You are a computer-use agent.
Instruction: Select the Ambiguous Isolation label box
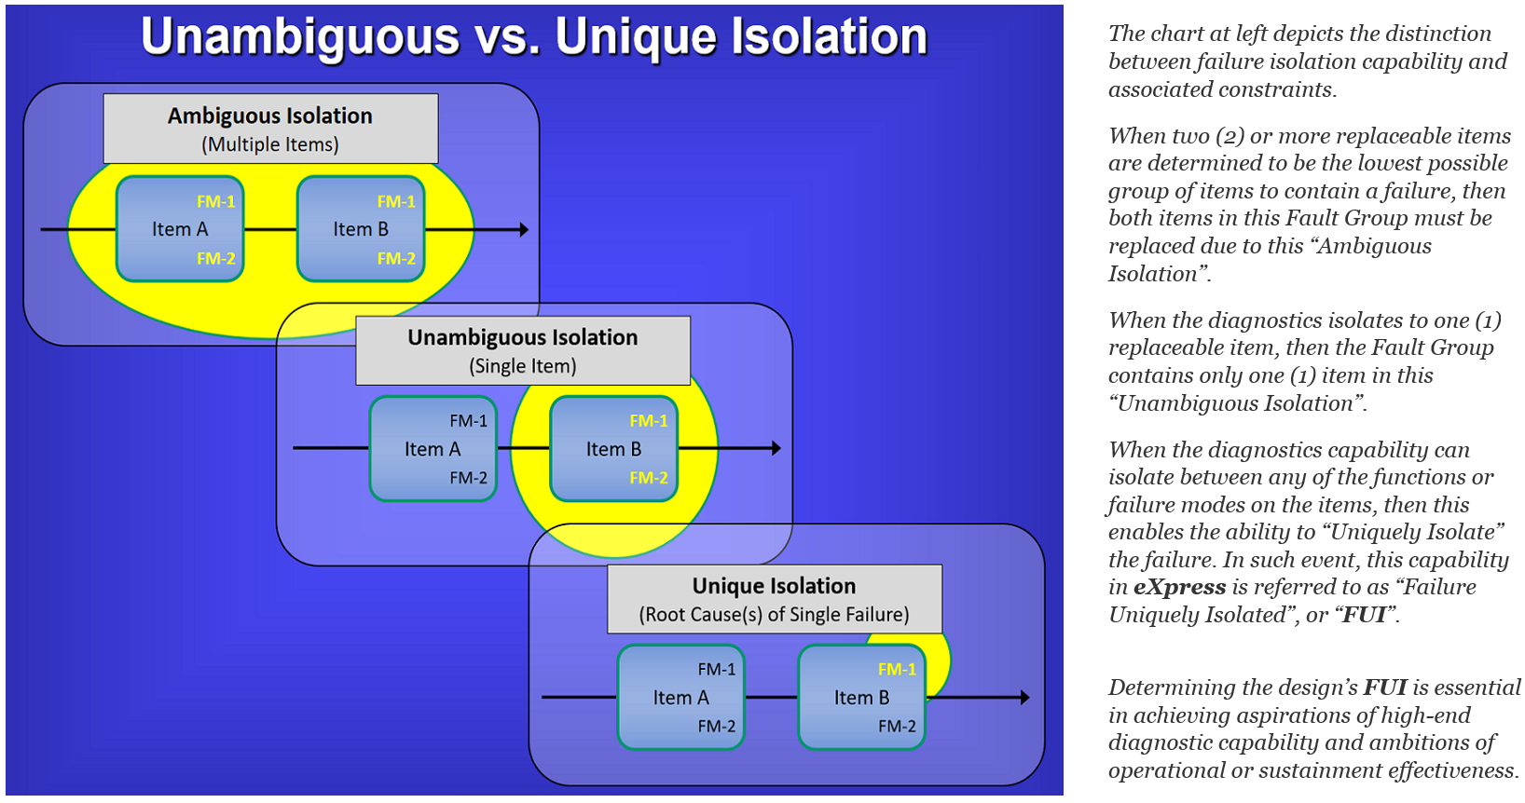click(270, 129)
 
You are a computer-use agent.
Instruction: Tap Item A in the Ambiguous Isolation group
click(180, 229)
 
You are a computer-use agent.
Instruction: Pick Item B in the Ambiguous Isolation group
click(361, 229)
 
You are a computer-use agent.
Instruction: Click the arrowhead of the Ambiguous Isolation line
click(524, 229)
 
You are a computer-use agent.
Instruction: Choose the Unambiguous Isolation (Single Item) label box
click(523, 350)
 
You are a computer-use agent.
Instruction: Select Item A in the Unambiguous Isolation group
click(433, 449)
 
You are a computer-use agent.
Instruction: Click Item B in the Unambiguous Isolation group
click(613, 449)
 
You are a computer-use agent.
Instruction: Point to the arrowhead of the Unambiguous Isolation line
click(776, 449)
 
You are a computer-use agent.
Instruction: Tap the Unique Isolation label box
click(774, 599)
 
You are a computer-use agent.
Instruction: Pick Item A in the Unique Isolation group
click(680, 698)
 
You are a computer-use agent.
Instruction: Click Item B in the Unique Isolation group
click(861, 698)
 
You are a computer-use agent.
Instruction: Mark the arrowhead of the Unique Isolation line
click(1024, 698)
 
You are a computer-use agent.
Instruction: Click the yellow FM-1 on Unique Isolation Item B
click(897, 670)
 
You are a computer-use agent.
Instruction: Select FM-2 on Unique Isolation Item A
click(716, 727)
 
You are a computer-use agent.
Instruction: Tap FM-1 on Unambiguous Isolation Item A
click(468, 421)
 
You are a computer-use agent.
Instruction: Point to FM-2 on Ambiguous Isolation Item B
click(396, 259)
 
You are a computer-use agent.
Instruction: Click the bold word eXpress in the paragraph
click(1179, 588)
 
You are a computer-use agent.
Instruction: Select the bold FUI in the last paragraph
click(1385, 688)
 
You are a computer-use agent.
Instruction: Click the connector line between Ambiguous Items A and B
click(270, 229)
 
